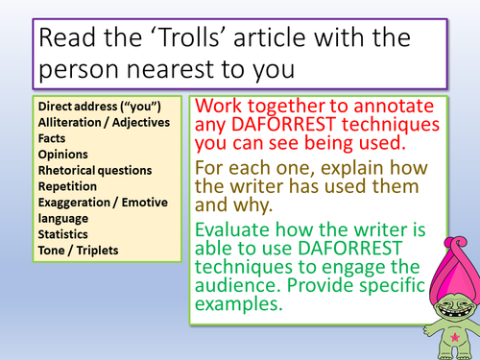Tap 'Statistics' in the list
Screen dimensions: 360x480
[x=62, y=233]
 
